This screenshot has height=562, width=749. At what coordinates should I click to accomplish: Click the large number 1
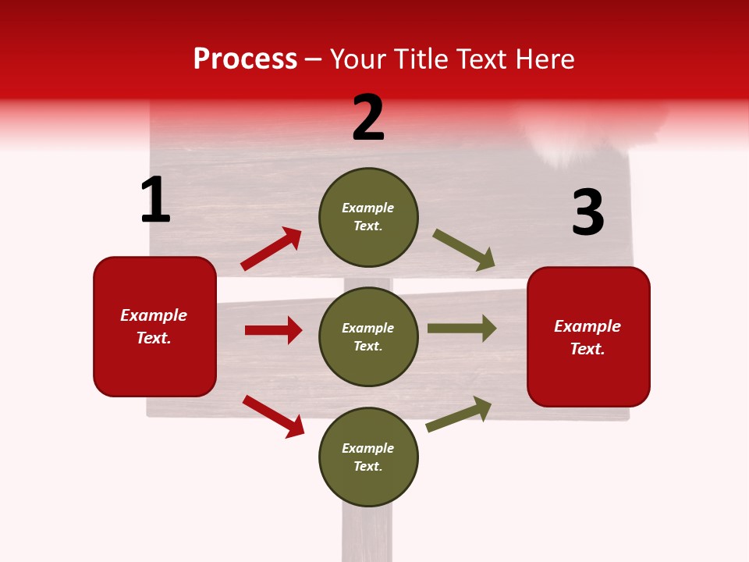tap(155, 200)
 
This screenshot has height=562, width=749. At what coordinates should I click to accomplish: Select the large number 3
tap(587, 212)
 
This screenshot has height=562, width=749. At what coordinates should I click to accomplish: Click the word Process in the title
tap(245, 59)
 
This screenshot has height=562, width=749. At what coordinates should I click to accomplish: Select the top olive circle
tap(368, 217)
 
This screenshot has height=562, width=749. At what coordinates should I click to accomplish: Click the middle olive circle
tap(368, 336)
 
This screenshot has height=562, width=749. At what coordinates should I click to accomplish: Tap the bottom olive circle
tap(368, 457)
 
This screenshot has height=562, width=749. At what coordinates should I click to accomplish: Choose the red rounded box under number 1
tap(154, 326)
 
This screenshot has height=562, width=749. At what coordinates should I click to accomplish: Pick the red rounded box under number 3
tap(588, 336)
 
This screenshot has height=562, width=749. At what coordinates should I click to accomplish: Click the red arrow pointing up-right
tap(272, 248)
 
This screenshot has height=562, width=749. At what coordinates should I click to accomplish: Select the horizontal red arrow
tap(274, 330)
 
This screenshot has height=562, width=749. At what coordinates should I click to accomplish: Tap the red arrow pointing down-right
tap(274, 416)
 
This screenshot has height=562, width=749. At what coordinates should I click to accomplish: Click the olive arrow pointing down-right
tap(464, 250)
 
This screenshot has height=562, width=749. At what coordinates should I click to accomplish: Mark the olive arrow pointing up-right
tap(460, 414)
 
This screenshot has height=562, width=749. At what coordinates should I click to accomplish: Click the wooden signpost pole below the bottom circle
tap(367, 535)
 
